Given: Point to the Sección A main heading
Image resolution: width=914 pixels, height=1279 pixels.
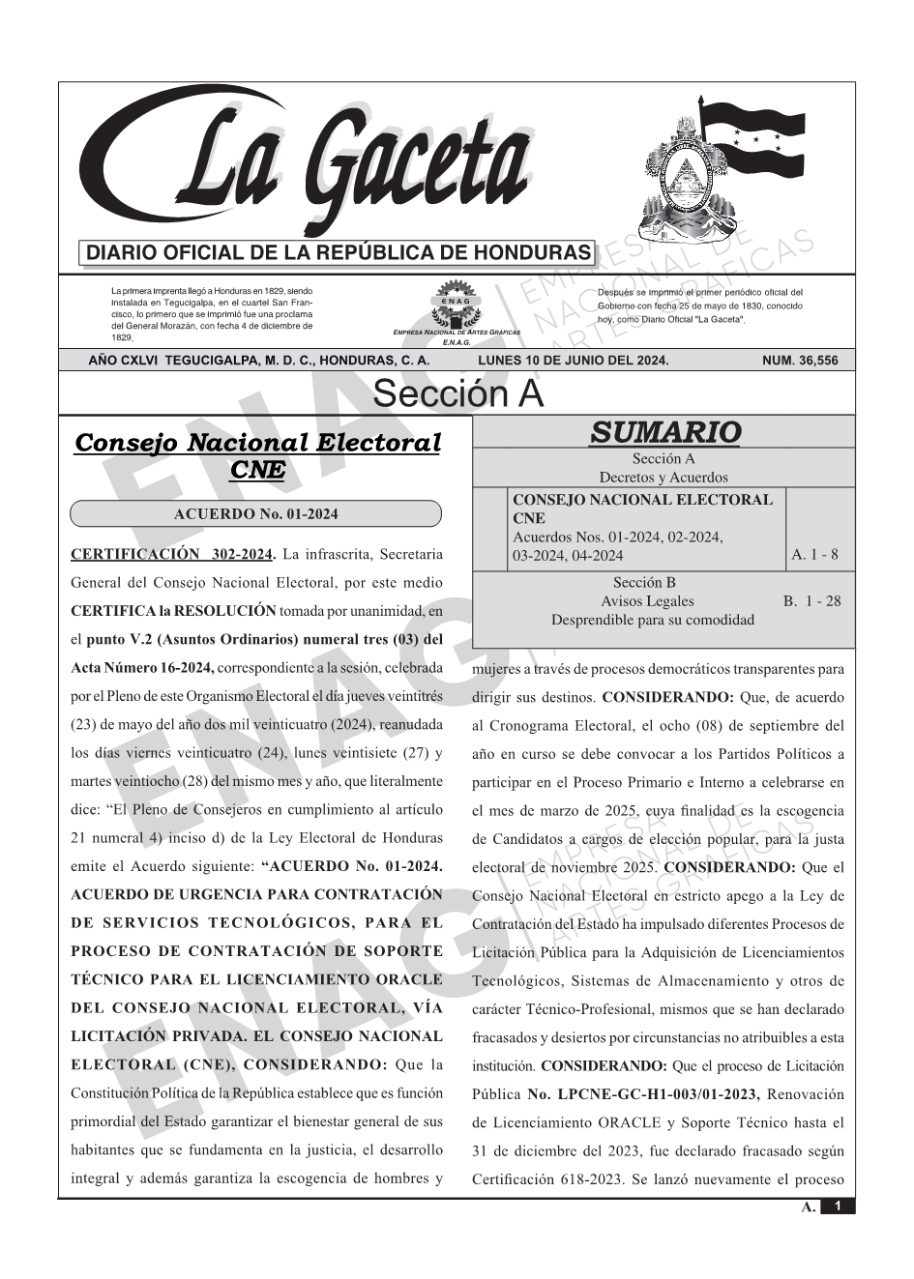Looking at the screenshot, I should tap(457, 394).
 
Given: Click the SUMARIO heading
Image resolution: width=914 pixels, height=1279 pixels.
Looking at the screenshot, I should tap(664, 432).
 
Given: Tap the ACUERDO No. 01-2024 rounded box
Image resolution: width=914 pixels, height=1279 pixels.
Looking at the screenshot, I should tap(256, 513).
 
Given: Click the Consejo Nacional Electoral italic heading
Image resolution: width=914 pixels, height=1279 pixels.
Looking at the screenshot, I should tap(257, 443).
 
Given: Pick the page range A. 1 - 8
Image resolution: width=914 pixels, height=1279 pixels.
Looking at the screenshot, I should tap(814, 555).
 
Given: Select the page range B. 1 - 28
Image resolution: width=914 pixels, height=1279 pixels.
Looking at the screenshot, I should tap(812, 601).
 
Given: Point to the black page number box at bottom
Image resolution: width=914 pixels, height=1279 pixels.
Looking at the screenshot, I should tap(838, 1206).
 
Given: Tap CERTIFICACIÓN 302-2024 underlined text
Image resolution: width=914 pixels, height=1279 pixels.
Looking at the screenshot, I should tap(173, 555).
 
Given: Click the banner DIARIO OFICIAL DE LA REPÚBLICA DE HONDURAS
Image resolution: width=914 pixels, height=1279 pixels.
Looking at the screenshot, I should tap(339, 253).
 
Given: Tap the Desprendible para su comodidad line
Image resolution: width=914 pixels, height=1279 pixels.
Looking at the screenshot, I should tap(653, 620).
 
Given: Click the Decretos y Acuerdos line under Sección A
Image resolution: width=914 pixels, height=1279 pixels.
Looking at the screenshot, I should tap(663, 478).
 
